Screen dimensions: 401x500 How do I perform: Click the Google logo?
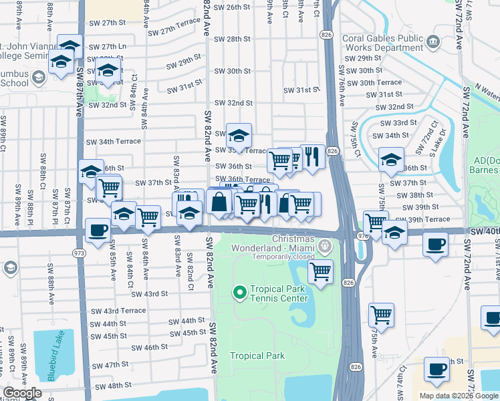click(x=23, y=393)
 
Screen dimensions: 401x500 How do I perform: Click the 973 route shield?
click(x=80, y=253)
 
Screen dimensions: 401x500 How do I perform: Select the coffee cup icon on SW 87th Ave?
click(x=98, y=231)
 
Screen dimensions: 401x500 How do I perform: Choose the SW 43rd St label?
click(x=149, y=294)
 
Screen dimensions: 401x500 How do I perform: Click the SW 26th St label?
click(x=232, y=7)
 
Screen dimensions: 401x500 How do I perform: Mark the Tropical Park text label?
click(x=257, y=356)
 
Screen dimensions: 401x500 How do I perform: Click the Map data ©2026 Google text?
click(x=458, y=396)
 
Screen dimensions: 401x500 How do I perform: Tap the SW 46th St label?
click(x=149, y=348)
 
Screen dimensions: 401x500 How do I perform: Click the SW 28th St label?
click(x=233, y=39)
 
